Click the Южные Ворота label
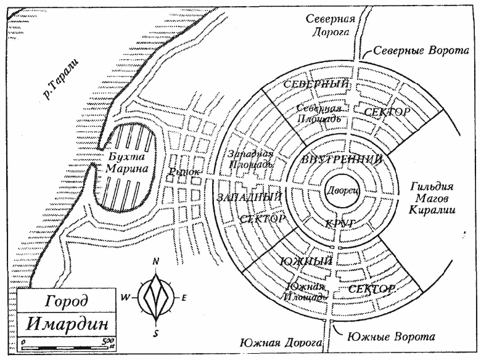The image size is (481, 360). (x=392, y=337)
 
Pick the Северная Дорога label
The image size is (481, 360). (x=331, y=27)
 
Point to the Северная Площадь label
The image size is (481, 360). (x=318, y=113)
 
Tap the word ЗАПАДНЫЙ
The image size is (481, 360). (x=250, y=197)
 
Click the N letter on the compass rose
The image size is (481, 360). (x=157, y=261)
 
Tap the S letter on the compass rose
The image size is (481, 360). (x=157, y=333)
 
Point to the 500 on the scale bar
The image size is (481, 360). (x=109, y=341)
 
